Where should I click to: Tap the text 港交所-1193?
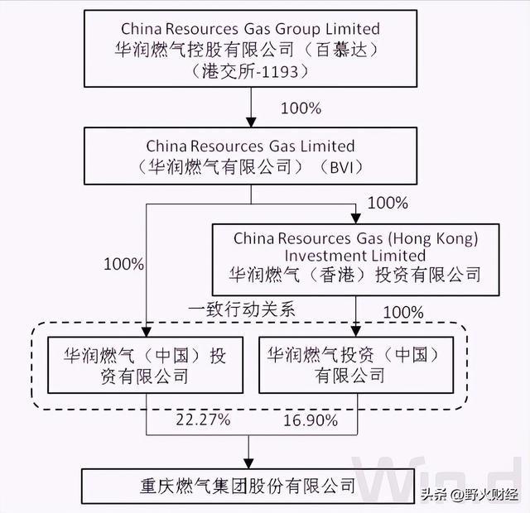click(250, 71)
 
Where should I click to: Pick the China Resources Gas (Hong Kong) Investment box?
click(356, 257)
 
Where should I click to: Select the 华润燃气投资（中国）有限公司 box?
click(356, 364)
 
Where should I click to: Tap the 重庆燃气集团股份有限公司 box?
click(251, 484)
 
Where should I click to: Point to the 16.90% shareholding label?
click(311, 421)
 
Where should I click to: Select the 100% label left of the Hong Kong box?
click(123, 265)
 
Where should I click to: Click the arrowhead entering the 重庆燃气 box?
click(251, 463)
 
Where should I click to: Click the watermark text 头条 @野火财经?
click(469, 496)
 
